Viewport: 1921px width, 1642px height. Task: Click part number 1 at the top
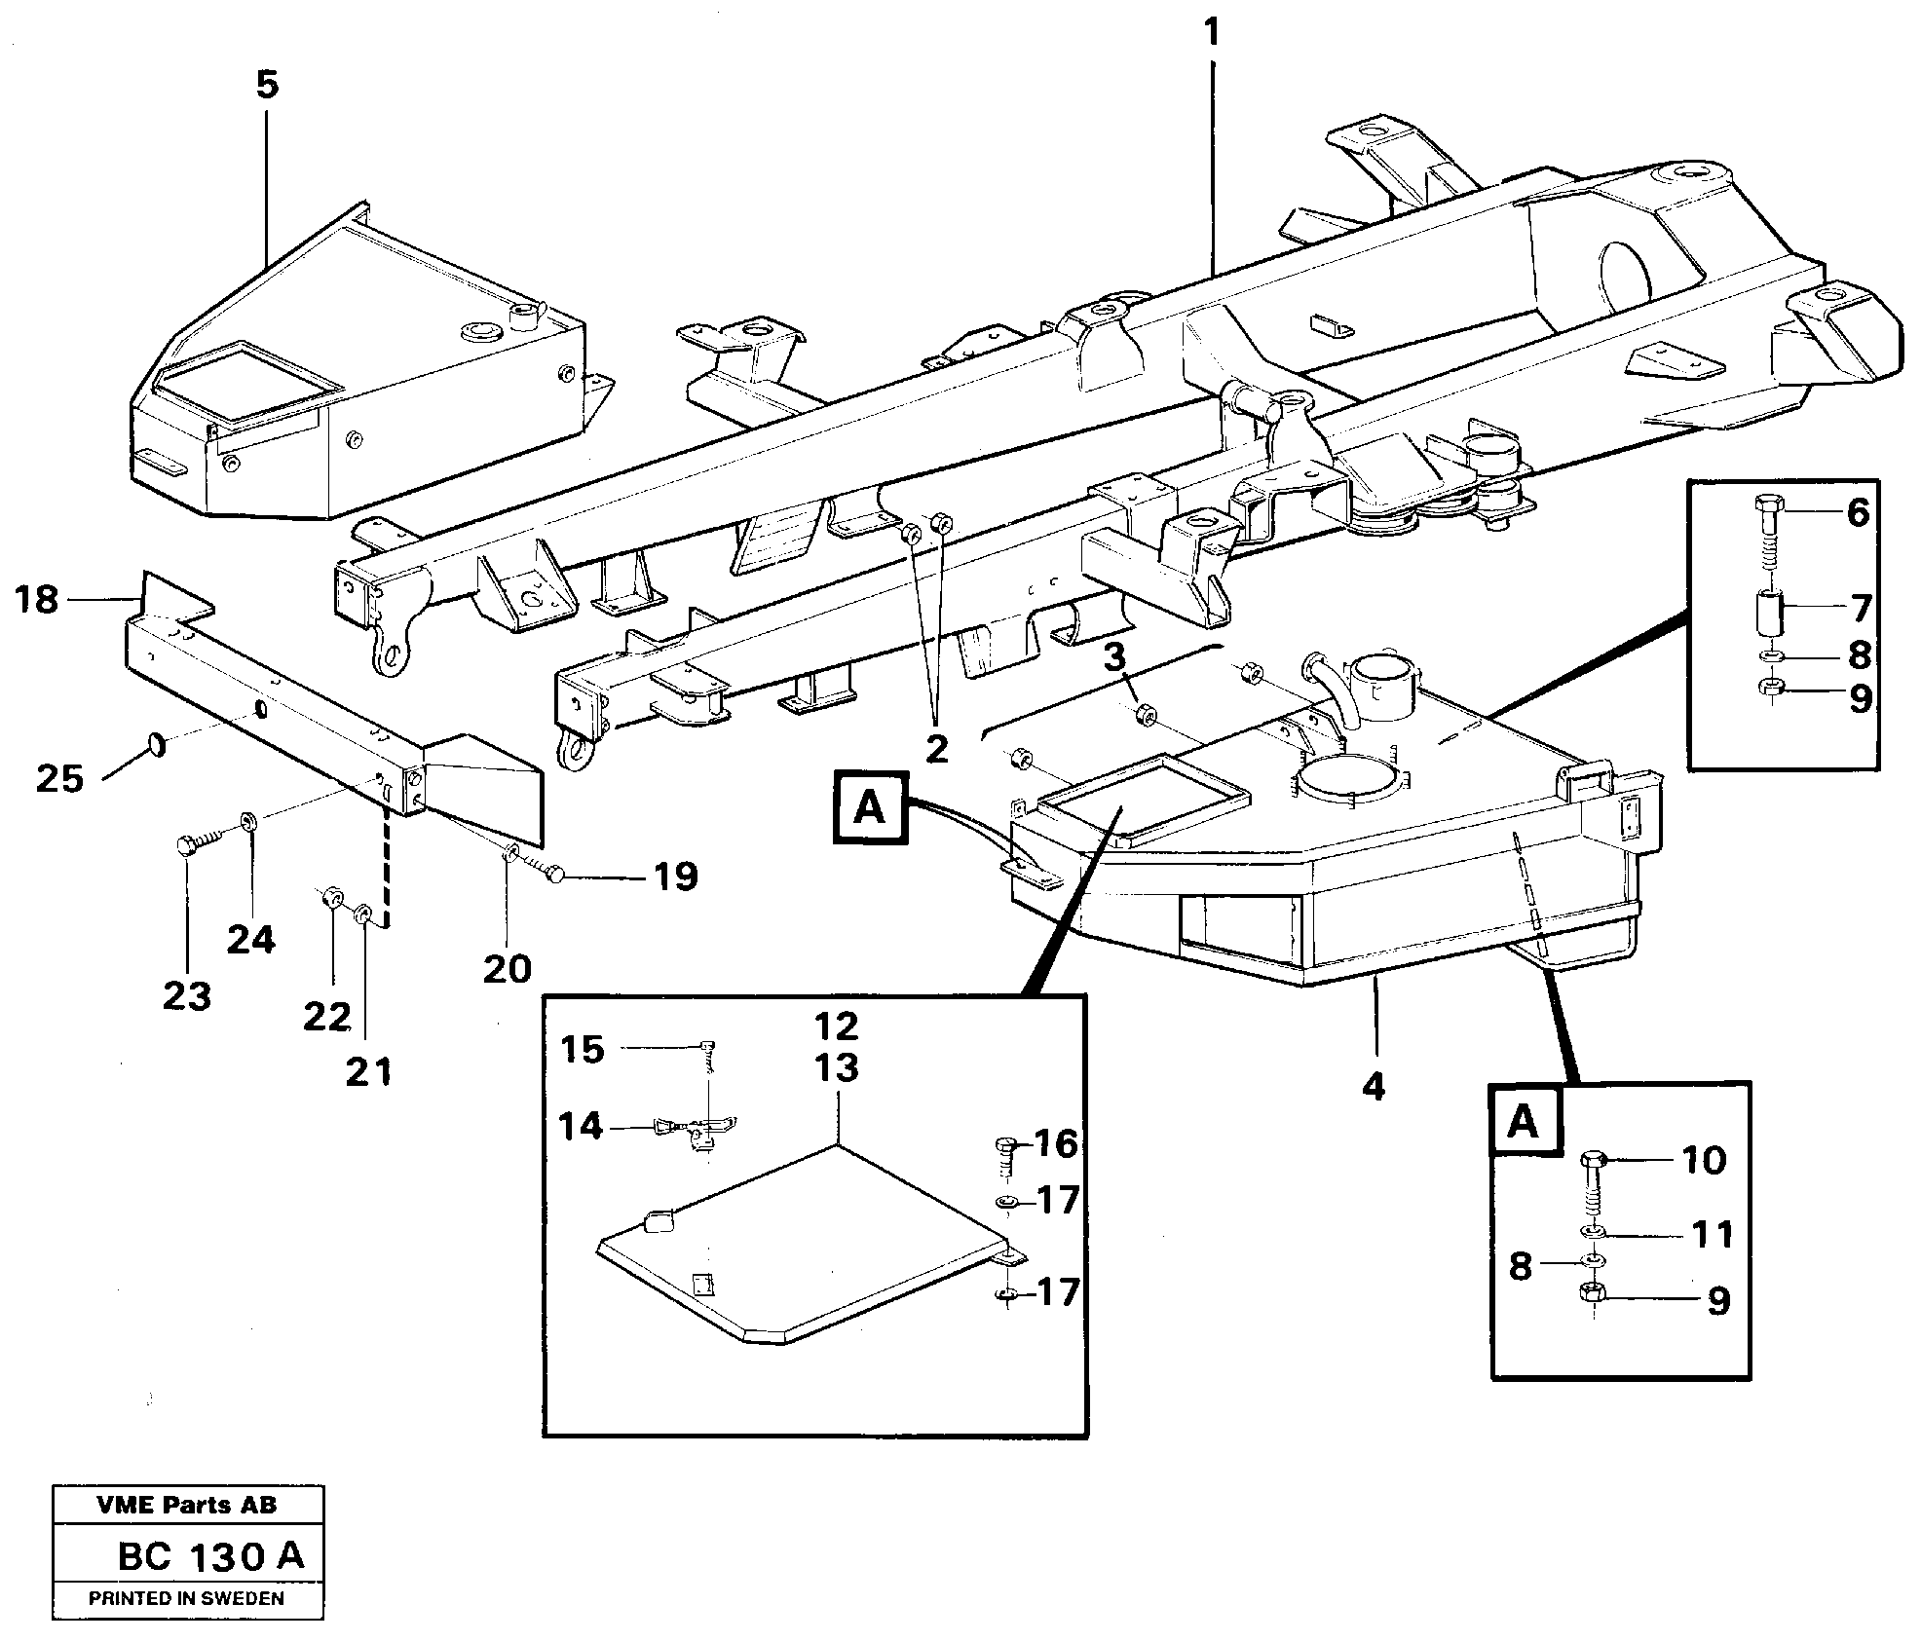tap(1211, 33)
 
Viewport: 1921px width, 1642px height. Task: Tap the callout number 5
tap(267, 86)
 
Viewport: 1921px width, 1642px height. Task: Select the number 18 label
tap(38, 600)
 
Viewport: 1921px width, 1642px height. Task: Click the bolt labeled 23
tap(192, 844)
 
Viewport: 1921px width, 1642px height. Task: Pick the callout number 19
tap(675, 877)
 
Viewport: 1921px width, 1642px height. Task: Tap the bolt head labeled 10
tap(1595, 1161)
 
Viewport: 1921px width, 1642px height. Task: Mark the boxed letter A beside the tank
tap(870, 807)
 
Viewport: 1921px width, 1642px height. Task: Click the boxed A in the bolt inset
tap(1524, 1122)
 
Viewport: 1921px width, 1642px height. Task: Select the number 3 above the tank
tap(1114, 658)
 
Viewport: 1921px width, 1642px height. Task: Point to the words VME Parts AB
tap(187, 1505)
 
